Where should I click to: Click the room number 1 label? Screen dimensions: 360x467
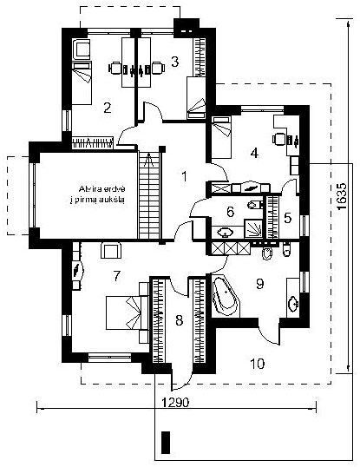coord(185,176)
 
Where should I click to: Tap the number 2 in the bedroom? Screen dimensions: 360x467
coord(108,108)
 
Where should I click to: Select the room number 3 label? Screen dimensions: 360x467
coord(175,62)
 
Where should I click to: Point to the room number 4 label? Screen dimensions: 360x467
coord(254,153)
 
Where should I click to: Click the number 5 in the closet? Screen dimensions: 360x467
coord(287,219)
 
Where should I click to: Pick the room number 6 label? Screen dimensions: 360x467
coord(230,212)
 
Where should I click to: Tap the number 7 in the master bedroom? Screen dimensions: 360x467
coord(116,276)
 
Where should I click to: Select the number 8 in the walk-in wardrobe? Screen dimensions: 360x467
coord(179,321)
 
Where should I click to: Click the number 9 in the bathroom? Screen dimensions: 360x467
coord(259,284)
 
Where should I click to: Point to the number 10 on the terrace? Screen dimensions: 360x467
coord(258,364)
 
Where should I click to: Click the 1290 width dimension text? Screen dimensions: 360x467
coord(175,403)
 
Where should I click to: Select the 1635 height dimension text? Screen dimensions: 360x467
coord(343,196)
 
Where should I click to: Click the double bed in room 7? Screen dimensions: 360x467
coord(128,312)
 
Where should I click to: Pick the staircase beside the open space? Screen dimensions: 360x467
coord(149,195)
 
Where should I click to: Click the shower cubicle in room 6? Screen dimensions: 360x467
coord(254,229)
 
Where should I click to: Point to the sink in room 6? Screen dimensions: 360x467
coord(226,232)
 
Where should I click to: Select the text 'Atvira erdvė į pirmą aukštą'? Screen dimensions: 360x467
coord(98,194)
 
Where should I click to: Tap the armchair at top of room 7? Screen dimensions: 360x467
coord(111,251)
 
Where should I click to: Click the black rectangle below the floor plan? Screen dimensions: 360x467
coord(166,443)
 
